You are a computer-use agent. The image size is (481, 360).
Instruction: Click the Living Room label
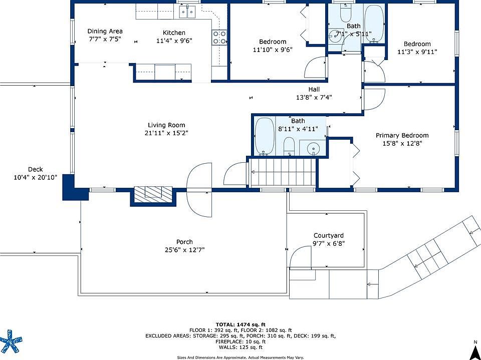click(x=166, y=125)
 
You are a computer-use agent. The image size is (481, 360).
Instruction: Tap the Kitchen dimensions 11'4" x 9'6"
click(x=174, y=41)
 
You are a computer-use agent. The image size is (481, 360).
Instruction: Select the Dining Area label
click(x=105, y=31)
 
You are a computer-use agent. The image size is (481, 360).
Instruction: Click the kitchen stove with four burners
click(x=219, y=38)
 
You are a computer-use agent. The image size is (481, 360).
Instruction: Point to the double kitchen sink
click(x=187, y=12)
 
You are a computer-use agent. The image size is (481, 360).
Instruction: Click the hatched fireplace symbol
click(x=153, y=194)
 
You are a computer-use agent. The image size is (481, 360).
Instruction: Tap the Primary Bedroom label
click(x=402, y=136)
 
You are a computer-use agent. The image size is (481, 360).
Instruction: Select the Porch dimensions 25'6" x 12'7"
click(x=185, y=250)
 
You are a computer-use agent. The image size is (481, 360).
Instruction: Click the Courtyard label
click(x=329, y=235)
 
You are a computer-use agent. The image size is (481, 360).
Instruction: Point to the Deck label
click(x=36, y=169)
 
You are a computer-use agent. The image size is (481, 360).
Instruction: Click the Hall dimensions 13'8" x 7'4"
click(x=314, y=98)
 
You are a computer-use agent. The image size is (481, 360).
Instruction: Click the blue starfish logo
click(x=11, y=340)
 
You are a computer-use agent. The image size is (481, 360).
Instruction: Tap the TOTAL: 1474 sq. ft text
click(x=241, y=324)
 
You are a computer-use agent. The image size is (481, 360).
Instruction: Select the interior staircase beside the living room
click(x=282, y=172)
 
